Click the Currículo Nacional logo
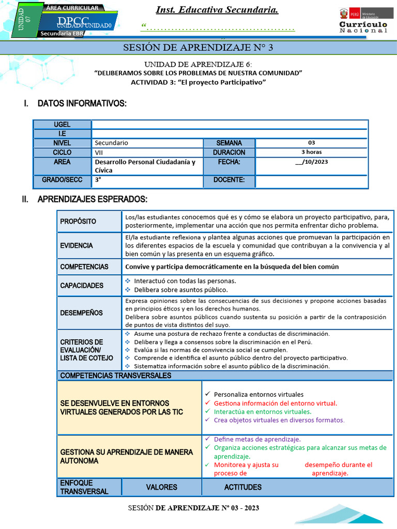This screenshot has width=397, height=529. point(363,21)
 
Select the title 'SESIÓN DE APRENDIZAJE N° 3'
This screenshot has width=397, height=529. point(198,48)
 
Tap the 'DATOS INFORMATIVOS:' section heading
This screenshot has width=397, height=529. point(82,104)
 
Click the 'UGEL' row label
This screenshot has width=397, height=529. point(62,125)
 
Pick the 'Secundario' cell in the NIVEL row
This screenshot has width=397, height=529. point(112,143)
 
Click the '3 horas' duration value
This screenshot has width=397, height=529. point(311,152)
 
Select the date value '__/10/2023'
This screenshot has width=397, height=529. point(311,162)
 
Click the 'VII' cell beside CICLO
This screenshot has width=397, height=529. point(99,152)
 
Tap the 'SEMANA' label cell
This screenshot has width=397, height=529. point(228,143)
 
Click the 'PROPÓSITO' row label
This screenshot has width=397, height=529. point(78,221)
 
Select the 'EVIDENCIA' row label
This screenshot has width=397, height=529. point(77,245)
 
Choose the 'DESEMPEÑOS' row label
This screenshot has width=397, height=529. point(81,313)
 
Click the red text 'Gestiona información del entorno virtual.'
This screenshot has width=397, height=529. point(275,403)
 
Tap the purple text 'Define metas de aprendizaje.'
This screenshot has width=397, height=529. point(257,439)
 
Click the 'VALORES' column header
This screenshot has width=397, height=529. point(161,487)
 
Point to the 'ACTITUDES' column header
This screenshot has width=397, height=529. point(242,487)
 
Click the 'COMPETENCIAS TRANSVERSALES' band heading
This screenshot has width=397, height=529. point(116,376)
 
